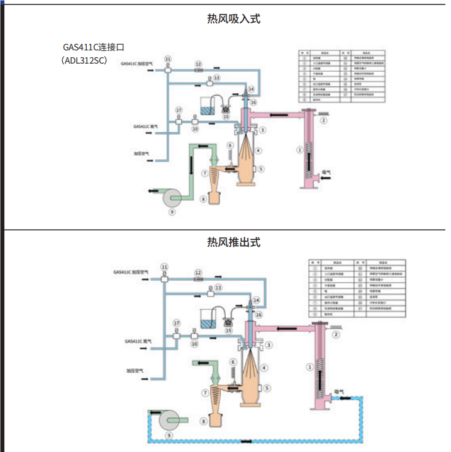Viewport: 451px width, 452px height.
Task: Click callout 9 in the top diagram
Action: [x=172, y=212]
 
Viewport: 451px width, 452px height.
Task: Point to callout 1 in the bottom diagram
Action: [x=309, y=366]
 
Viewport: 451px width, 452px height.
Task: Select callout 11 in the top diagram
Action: [x=167, y=59]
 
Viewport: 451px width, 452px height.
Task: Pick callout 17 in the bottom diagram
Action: [x=176, y=323]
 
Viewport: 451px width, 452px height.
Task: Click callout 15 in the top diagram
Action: [x=226, y=116]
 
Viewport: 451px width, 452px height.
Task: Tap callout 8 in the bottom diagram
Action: [x=203, y=421]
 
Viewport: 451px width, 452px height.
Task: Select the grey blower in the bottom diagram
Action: [x=169, y=420]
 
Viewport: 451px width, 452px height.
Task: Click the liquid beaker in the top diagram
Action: [x=208, y=106]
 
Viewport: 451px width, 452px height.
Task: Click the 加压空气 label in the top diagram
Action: [x=142, y=153]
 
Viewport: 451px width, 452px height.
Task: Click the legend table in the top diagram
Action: [x=341, y=76]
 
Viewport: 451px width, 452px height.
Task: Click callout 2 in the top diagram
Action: [x=323, y=120]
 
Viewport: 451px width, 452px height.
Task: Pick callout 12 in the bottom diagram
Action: [x=198, y=273]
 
